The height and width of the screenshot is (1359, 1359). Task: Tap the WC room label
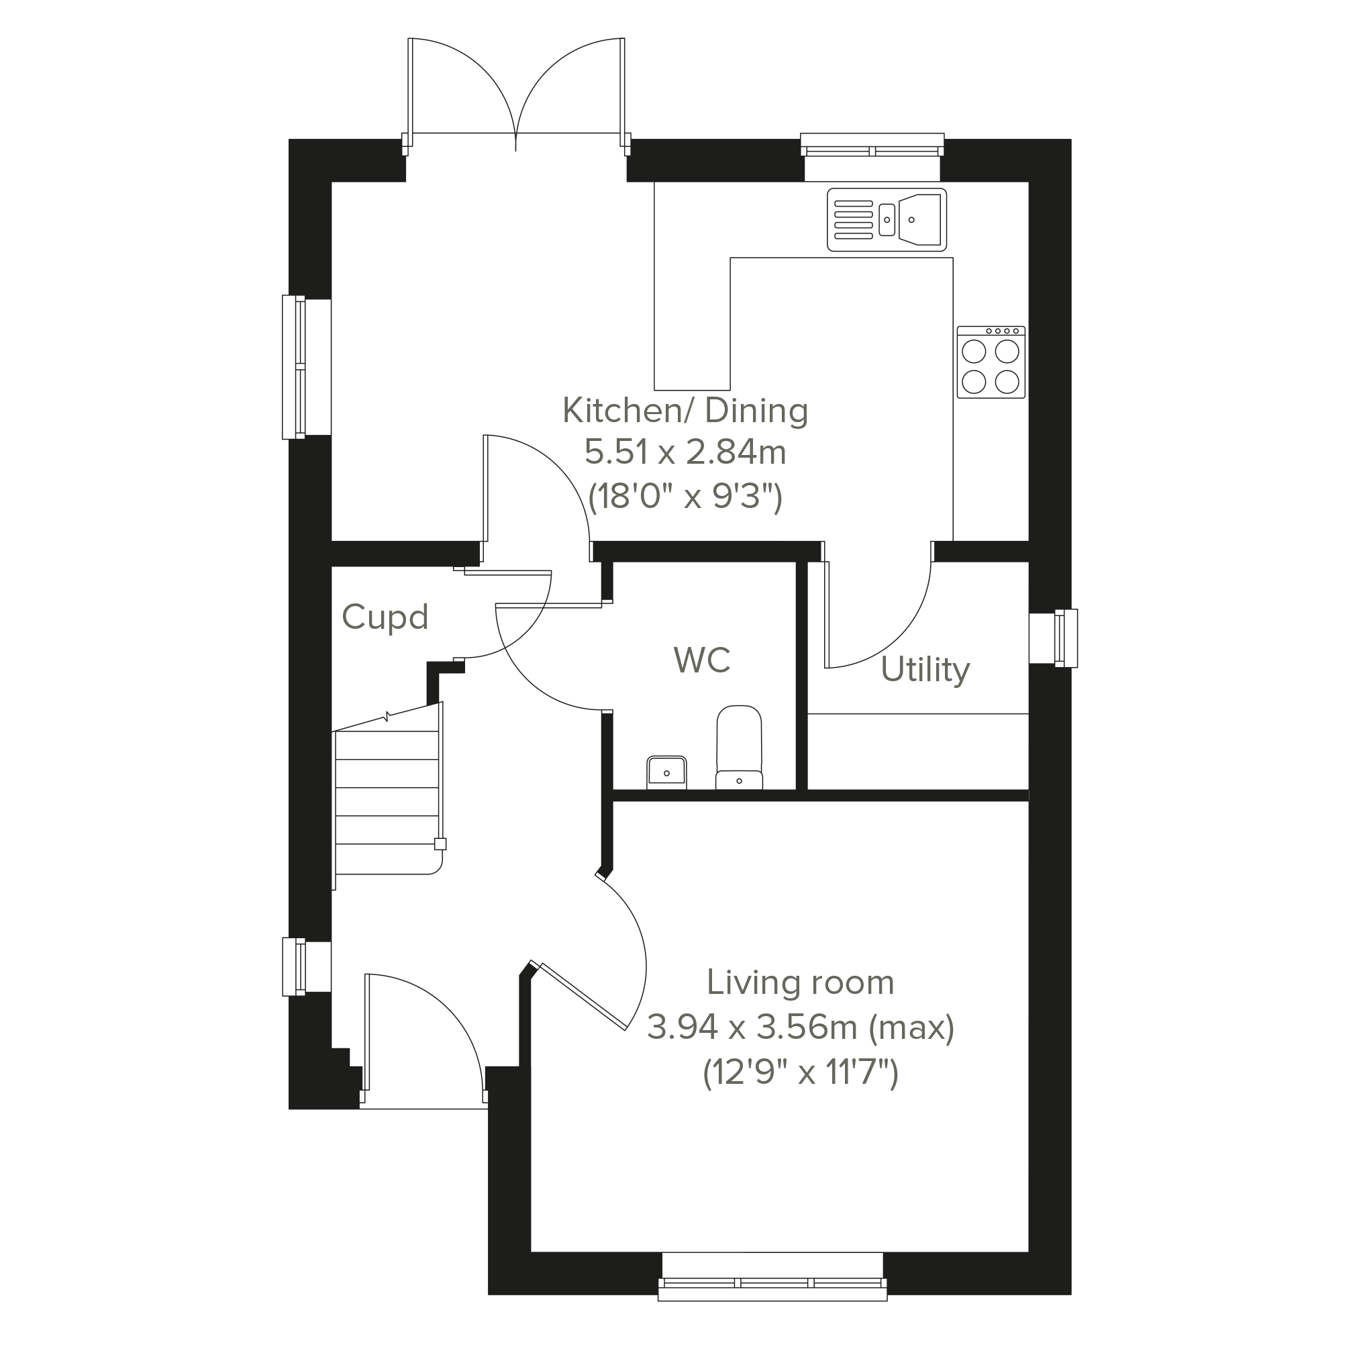[x=702, y=660]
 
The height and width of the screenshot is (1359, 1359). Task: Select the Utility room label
[x=925, y=670]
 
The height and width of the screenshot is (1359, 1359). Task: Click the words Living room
[x=801, y=983]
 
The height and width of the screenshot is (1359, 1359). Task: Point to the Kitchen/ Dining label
[x=685, y=411]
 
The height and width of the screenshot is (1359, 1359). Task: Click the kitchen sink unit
[x=887, y=219]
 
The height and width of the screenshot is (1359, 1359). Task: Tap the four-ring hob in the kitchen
[x=991, y=362]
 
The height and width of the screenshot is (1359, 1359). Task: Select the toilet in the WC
[x=739, y=747]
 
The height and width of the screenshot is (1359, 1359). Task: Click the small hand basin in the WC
[x=666, y=772]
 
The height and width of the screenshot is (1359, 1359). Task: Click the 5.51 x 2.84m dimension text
[x=685, y=452]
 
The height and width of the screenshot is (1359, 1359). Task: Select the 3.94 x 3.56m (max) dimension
[x=801, y=1027]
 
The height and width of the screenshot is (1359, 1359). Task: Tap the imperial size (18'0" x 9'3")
[x=685, y=497]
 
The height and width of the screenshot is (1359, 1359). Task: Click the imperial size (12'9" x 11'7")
[x=801, y=1073]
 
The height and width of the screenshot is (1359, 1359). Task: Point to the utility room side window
[x=1054, y=638]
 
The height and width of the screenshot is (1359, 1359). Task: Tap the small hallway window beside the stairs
[x=306, y=966]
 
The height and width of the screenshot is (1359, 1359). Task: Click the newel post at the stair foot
[x=440, y=844]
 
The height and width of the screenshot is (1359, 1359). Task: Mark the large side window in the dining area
[x=306, y=367]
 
